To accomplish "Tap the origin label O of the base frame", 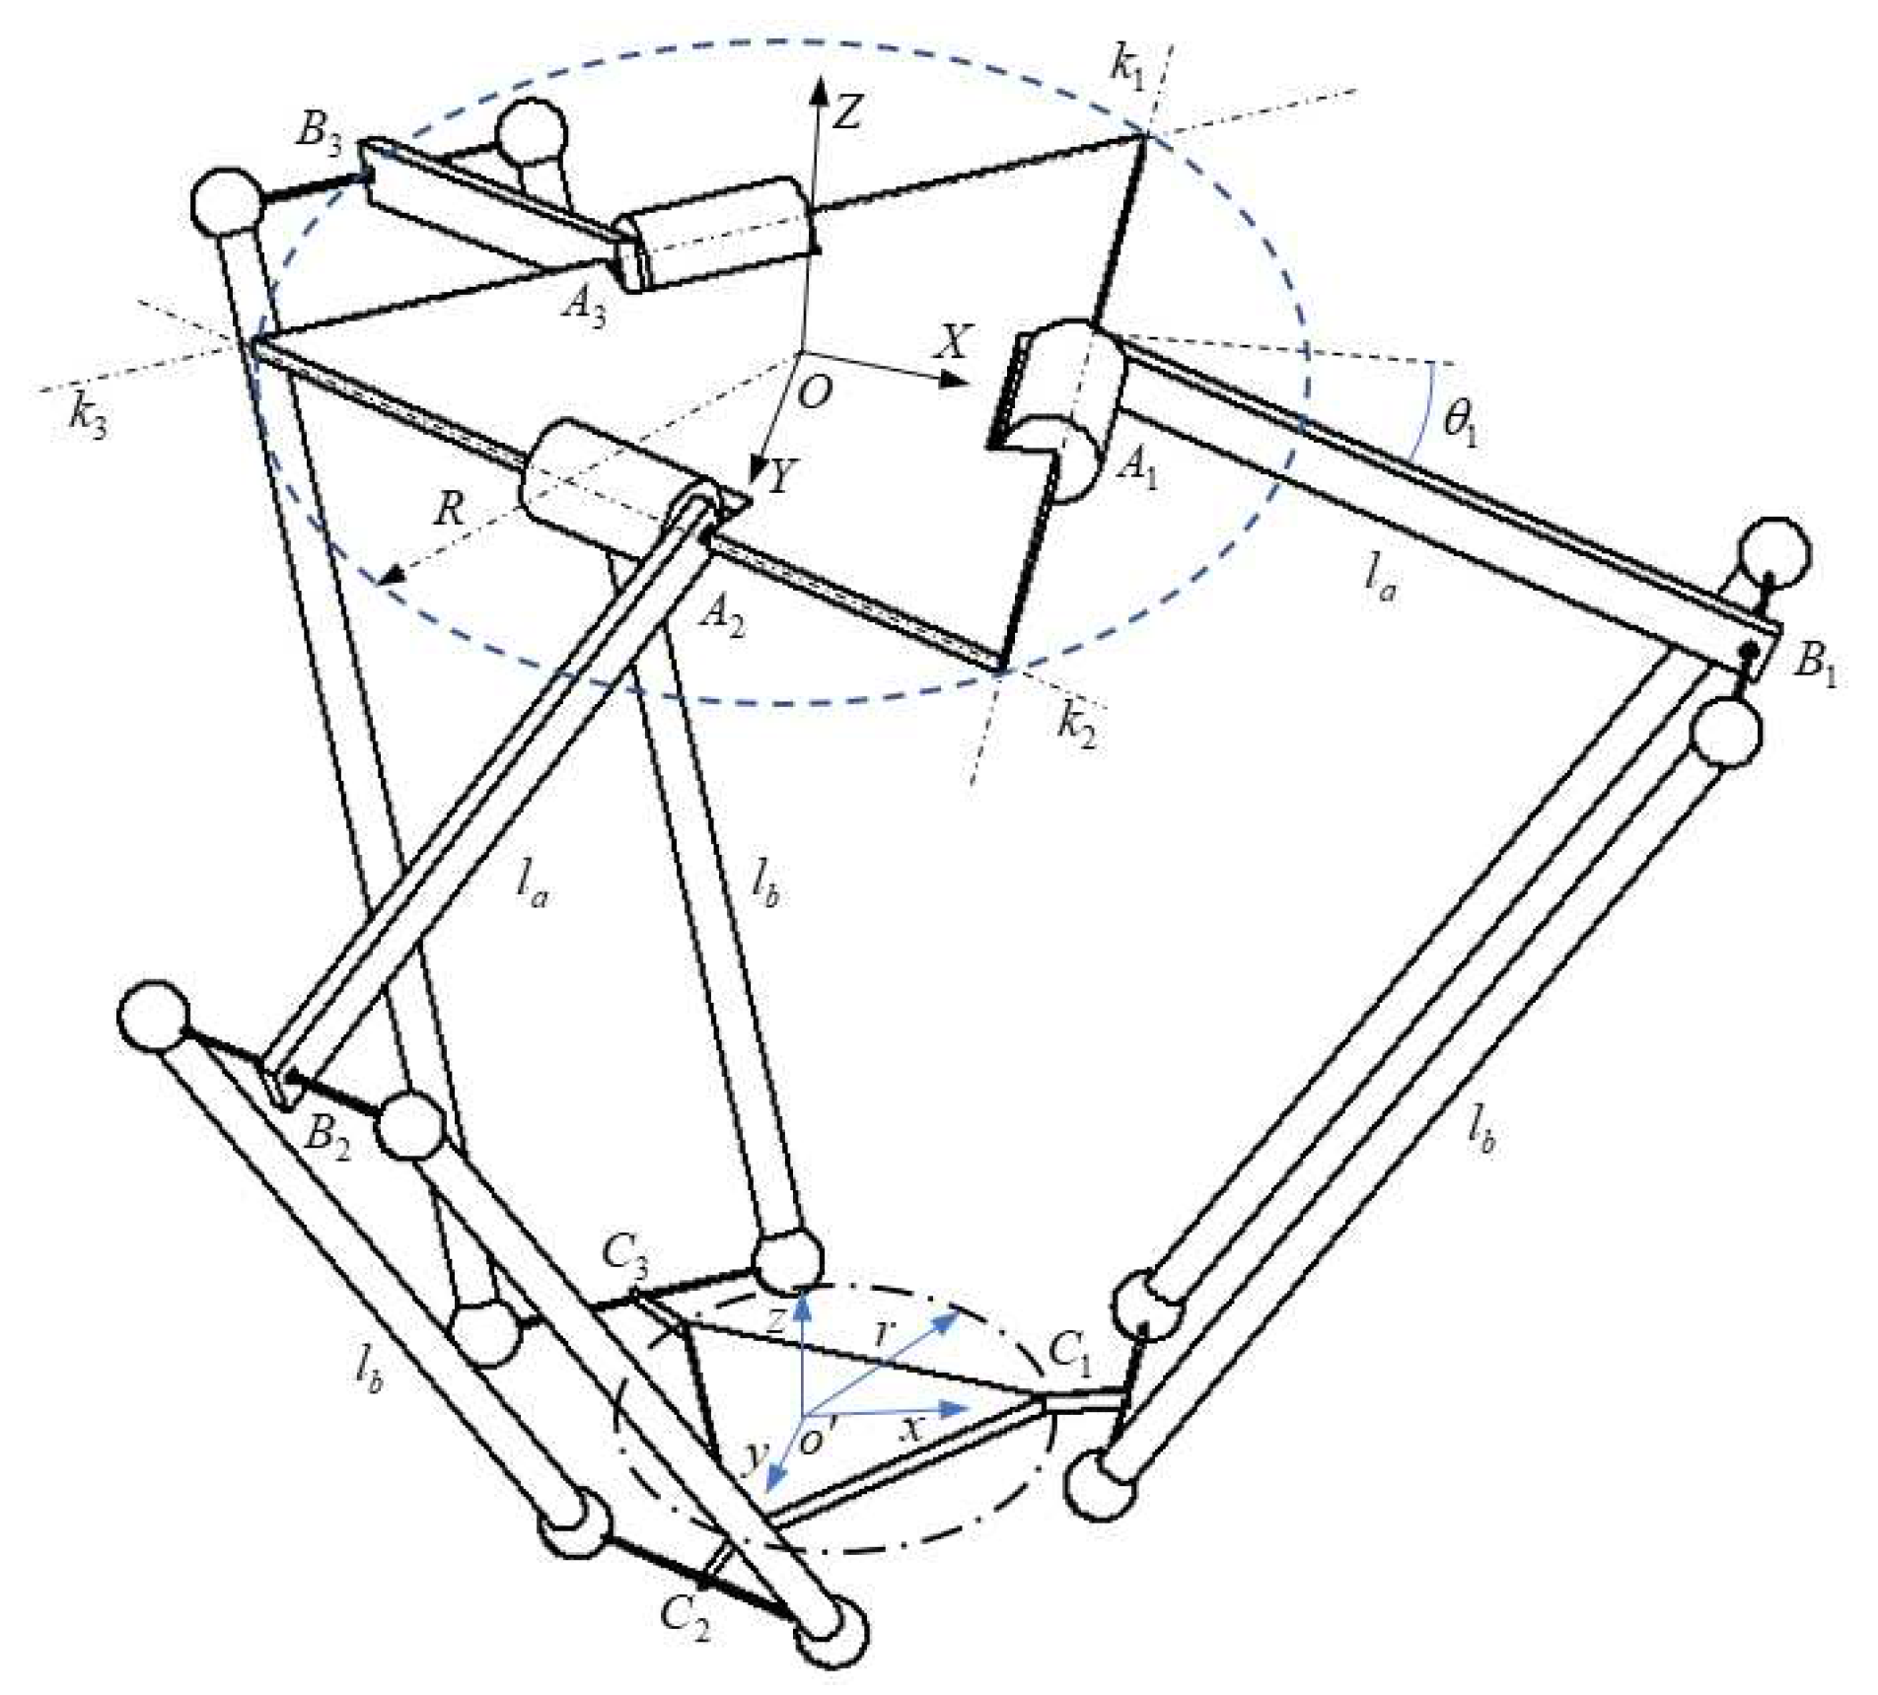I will tap(815, 394).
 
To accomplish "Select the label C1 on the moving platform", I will tap(1071, 1356).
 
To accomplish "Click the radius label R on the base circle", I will tap(451, 512).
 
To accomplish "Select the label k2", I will tap(1076, 728).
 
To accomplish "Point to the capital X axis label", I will tap(952, 341).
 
